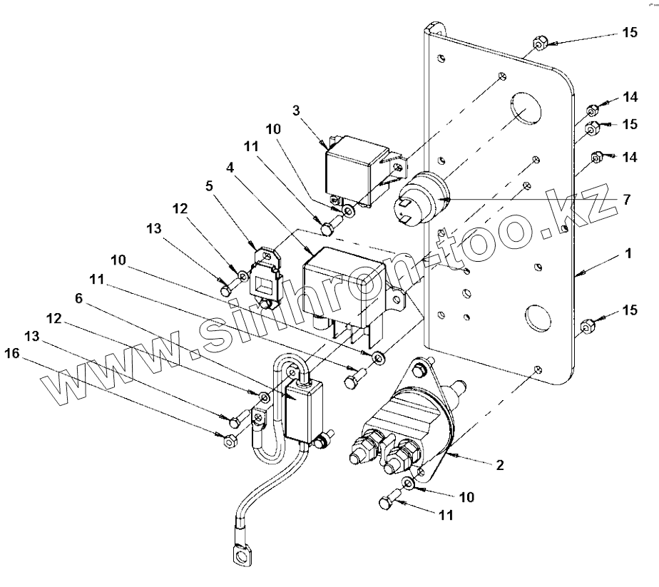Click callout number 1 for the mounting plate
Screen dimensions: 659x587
628,254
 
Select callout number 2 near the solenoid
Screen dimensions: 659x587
499,465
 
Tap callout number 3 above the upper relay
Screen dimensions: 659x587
296,111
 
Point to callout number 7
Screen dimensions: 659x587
627,199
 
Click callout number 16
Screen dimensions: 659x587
12,354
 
